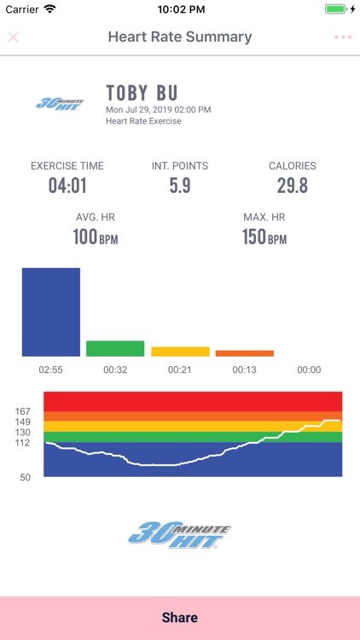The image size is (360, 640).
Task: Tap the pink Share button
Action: (x=180, y=618)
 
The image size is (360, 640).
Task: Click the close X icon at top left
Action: (x=13, y=38)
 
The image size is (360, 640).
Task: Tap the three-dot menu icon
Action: (x=343, y=38)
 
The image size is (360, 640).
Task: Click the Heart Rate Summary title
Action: (x=180, y=38)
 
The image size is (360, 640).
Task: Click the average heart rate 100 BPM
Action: (x=95, y=237)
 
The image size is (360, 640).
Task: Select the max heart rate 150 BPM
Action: (x=265, y=237)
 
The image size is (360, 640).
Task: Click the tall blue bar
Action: (x=51, y=312)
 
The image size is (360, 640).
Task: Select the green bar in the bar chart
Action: (x=115, y=348)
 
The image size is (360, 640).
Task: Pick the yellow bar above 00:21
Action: (x=180, y=352)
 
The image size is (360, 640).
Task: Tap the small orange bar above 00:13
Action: (x=245, y=353)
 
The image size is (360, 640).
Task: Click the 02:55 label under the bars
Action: (x=51, y=370)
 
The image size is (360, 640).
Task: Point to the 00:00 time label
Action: (x=309, y=370)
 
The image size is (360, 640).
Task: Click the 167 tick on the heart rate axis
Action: (x=23, y=411)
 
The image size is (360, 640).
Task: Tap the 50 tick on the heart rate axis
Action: (x=25, y=477)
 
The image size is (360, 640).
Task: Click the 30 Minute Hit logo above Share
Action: (x=180, y=534)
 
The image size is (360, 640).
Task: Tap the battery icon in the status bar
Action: (x=335, y=9)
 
